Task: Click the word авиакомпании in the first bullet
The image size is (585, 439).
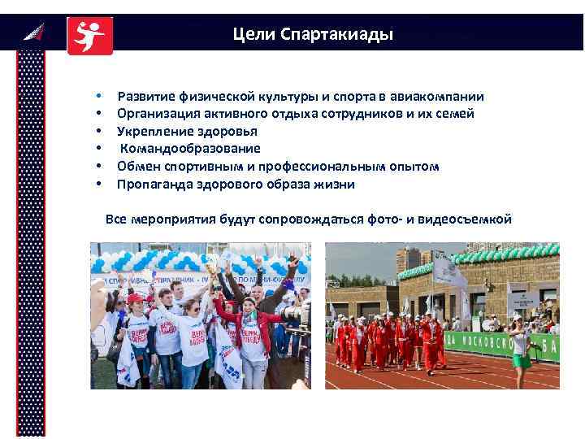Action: point(443,96)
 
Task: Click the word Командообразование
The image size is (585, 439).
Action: point(191,149)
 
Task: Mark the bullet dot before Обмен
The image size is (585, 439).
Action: point(97,167)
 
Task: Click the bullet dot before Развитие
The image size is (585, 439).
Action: point(97,96)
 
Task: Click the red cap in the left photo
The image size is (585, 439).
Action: point(135,299)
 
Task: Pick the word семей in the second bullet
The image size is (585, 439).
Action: point(456,114)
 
